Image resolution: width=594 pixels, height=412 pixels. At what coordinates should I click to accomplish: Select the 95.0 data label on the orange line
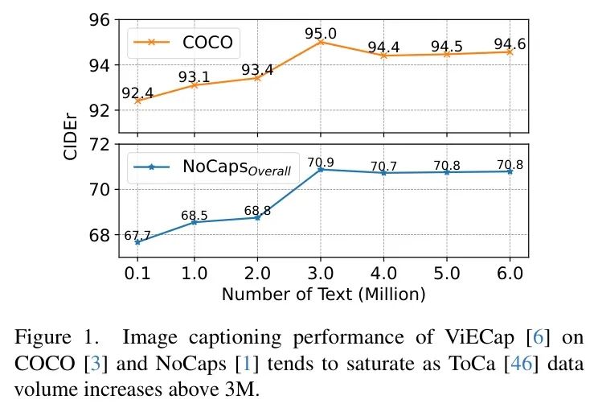click(x=321, y=33)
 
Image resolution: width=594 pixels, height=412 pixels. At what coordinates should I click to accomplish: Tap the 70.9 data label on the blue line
click(x=321, y=162)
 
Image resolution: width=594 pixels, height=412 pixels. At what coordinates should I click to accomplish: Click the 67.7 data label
click(x=137, y=235)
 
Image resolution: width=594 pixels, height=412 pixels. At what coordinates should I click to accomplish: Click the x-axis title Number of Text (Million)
click(x=323, y=294)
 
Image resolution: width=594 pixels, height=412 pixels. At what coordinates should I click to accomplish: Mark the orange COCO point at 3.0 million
click(x=321, y=42)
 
